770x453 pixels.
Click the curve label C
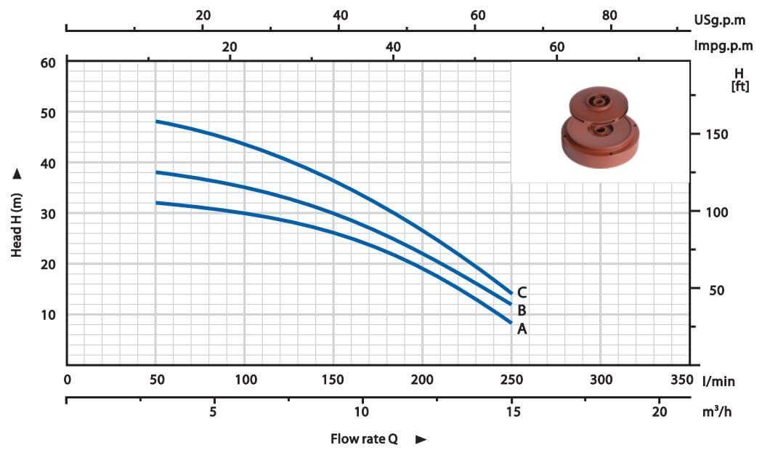522,292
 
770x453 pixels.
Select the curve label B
522,310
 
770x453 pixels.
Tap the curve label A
522,329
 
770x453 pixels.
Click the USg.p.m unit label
719,20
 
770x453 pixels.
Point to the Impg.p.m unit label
723,47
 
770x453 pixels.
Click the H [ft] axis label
739,80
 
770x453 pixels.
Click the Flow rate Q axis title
364,438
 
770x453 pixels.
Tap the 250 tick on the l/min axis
511,380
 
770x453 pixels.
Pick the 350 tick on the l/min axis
681,380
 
